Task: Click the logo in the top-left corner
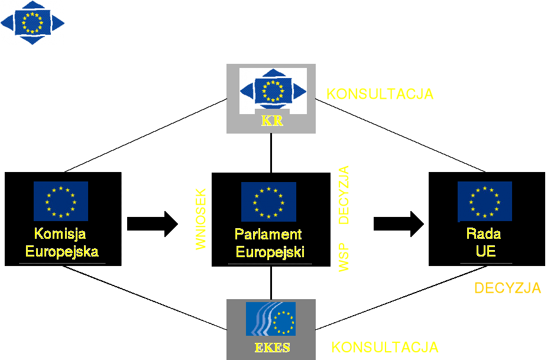tap(33, 22)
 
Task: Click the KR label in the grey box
tap(271, 122)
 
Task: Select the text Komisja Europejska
tap(61, 242)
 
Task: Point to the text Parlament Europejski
tap(269, 243)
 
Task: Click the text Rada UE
tap(484, 242)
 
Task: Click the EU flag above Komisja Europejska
tap(60, 201)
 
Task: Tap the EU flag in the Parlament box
tap(268, 202)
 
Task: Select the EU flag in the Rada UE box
tap(484, 202)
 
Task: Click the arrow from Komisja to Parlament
tap(152, 223)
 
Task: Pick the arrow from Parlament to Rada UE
tap(399, 223)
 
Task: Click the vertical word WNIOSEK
tap(201, 219)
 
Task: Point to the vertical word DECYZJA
tap(344, 194)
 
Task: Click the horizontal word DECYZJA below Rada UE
tap(507, 288)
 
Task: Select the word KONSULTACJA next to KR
tap(380, 94)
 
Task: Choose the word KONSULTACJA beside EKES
tap(384, 346)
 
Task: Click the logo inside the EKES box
tap(270, 319)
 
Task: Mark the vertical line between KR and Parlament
tap(271, 153)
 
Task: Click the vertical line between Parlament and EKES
tap(271, 283)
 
